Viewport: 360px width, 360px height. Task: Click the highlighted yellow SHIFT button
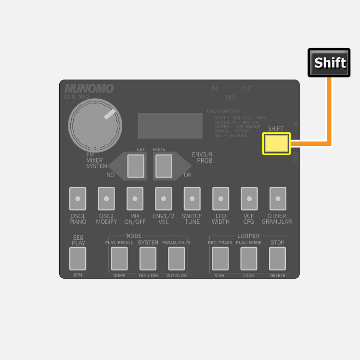(276, 143)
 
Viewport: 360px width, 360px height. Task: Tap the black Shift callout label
(329, 63)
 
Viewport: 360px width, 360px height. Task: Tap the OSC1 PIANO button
(77, 199)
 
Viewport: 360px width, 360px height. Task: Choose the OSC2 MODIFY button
(106, 199)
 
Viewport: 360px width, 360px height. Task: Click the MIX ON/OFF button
(135, 199)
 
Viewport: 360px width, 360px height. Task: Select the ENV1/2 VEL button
(163, 199)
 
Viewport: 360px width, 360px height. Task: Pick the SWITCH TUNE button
(192, 199)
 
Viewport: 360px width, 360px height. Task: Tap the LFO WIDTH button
(220, 199)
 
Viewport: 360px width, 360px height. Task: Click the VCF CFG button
(249, 199)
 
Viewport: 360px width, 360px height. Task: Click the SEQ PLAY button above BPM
(78, 258)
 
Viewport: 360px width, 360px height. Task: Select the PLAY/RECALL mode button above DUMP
(119, 258)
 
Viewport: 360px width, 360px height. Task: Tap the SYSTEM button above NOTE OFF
(148, 258)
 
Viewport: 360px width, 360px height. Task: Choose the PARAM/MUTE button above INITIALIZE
(176, 258)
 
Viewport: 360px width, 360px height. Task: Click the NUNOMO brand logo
(89, 89)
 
